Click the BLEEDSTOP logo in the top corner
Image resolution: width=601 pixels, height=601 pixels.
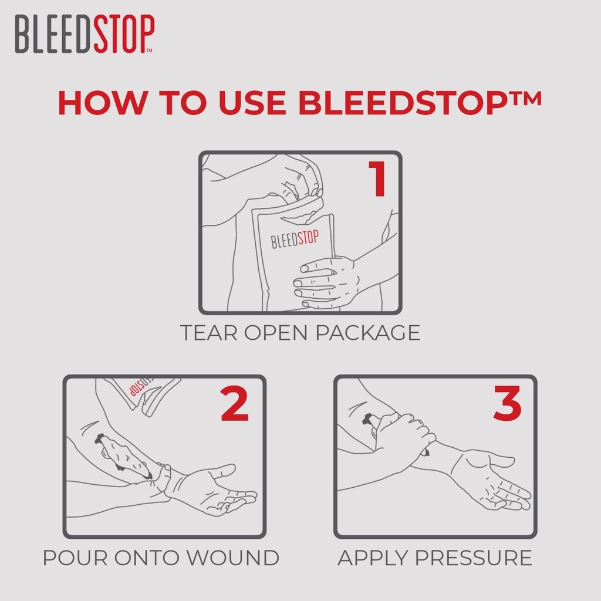point(85,35)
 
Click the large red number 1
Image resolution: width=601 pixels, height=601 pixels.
point(377,180)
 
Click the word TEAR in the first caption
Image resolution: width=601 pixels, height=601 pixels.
point(209,333)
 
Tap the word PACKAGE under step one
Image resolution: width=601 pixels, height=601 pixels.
point(368,333)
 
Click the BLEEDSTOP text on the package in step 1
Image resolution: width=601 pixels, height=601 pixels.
point(295,239)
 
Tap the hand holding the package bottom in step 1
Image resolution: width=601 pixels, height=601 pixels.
point(326,282)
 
